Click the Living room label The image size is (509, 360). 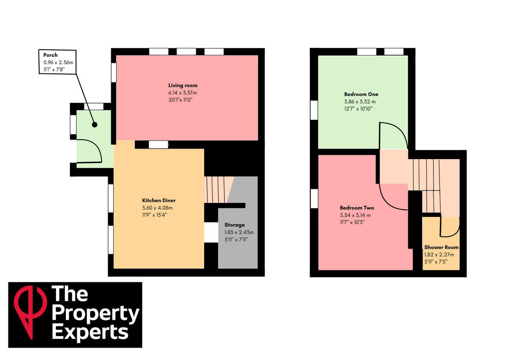click(183, 85)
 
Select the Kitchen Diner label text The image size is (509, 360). click(159, 200)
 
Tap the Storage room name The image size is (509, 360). click(235, 225)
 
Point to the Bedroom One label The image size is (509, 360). click(361, 94)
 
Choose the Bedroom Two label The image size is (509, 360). click(357, 208)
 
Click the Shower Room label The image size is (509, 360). click(441, 247)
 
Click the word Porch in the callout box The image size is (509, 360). click(50, 55)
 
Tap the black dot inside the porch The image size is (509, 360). click(94, 125)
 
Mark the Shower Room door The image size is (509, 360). click(450, 227)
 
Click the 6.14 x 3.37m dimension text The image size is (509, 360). click(183, 93)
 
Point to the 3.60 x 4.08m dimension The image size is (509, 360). click(157, 208)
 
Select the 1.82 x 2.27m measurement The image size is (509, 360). click(439, 255)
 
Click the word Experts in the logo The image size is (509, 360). click(89, 332)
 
